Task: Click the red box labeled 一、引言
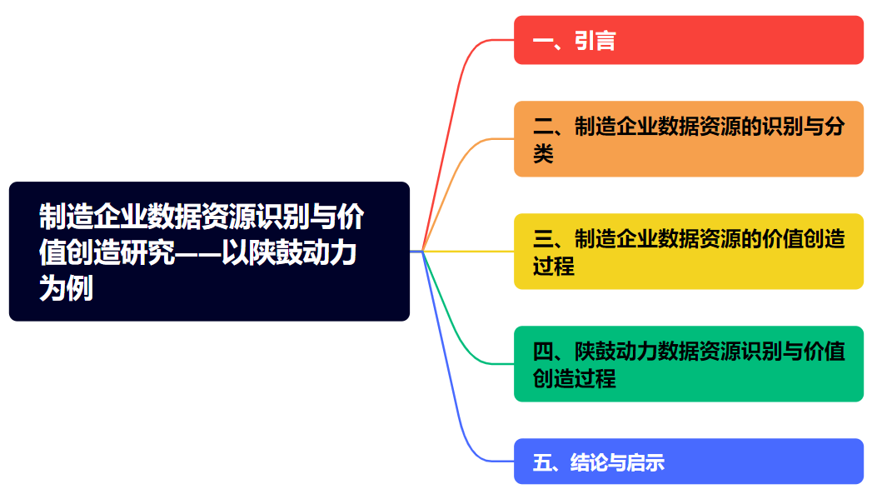tap(689, 40)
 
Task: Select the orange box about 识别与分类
tap(689, 139)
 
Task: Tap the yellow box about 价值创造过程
tap(689, 252)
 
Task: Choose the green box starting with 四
tap(689, 364)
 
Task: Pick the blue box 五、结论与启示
tap(689, 462)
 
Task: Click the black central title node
tap(210, 252)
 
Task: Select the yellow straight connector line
tap(468, 252)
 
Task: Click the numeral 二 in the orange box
tap(543, 127)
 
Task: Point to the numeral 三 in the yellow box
tap(543, 239)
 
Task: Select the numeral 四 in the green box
tap(543, 352)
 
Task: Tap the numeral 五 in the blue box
tap(541, 462)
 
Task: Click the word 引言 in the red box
tap(595, 41)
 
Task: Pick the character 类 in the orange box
tap(543, 153)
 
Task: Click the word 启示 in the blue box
tap(645, 462)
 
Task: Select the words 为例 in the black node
tap(66, 289)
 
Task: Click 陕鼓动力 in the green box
tap(615, 352)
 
